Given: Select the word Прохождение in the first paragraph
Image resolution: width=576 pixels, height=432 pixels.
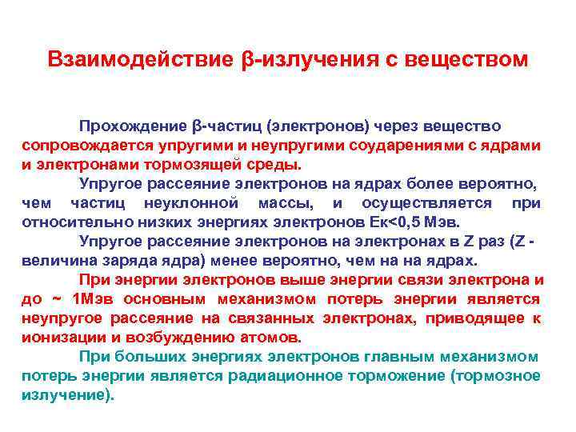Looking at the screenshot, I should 134,126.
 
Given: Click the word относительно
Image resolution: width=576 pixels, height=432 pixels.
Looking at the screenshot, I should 71,222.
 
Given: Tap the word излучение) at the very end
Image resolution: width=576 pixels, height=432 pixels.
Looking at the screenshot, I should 66,394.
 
